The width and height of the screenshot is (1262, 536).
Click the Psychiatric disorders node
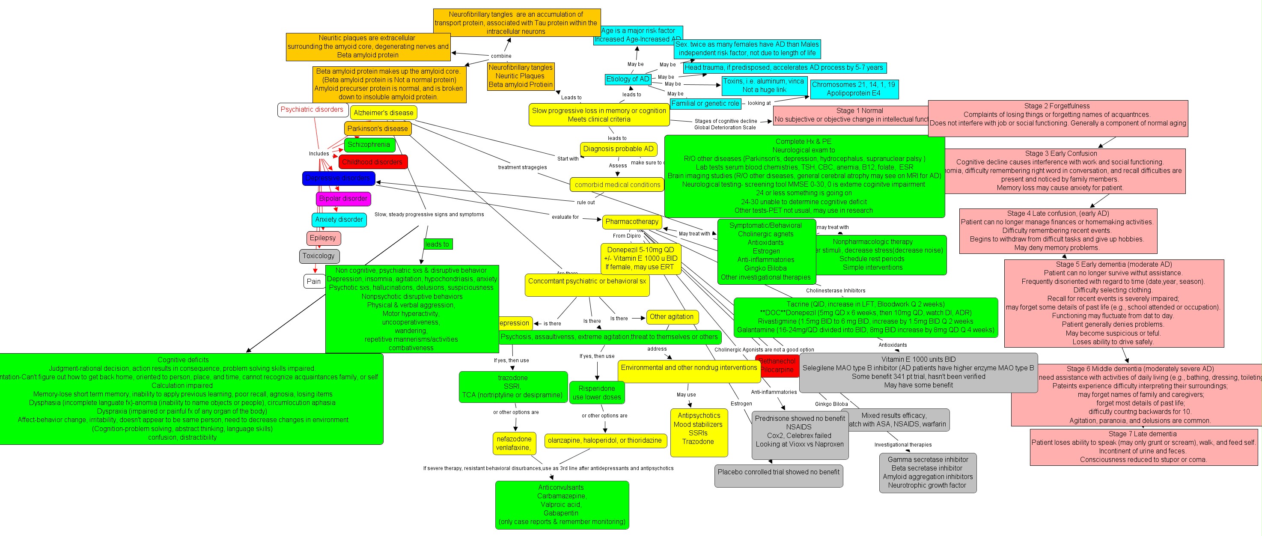pos(312,110)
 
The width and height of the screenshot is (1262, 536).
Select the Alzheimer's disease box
pos(383,113)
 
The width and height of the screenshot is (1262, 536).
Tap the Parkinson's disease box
pos(377,128)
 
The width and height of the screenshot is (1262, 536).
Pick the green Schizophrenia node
pos(369,145)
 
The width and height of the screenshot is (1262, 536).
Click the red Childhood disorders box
pos(372,162)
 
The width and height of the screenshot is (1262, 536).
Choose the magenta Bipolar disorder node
pos(343,198)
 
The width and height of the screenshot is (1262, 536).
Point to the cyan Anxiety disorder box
pos(339,220)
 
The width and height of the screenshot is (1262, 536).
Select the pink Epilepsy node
pos(323,238)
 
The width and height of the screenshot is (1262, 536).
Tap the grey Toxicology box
pos(318,256)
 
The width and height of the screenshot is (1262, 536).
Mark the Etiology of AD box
pos(628,79)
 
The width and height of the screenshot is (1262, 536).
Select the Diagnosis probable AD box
pos(618,149)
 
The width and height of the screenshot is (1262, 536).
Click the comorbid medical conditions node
pos(617,185)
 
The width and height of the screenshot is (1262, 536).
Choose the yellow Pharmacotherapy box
pos(631,221)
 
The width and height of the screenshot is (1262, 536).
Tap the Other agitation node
pos(672,316)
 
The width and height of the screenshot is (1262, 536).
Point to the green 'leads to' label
pos(438,244)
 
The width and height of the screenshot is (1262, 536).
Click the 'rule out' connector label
pos(586,202)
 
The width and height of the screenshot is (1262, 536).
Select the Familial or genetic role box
pos(705,103)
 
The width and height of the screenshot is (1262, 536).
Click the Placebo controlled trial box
pos(778,472)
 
